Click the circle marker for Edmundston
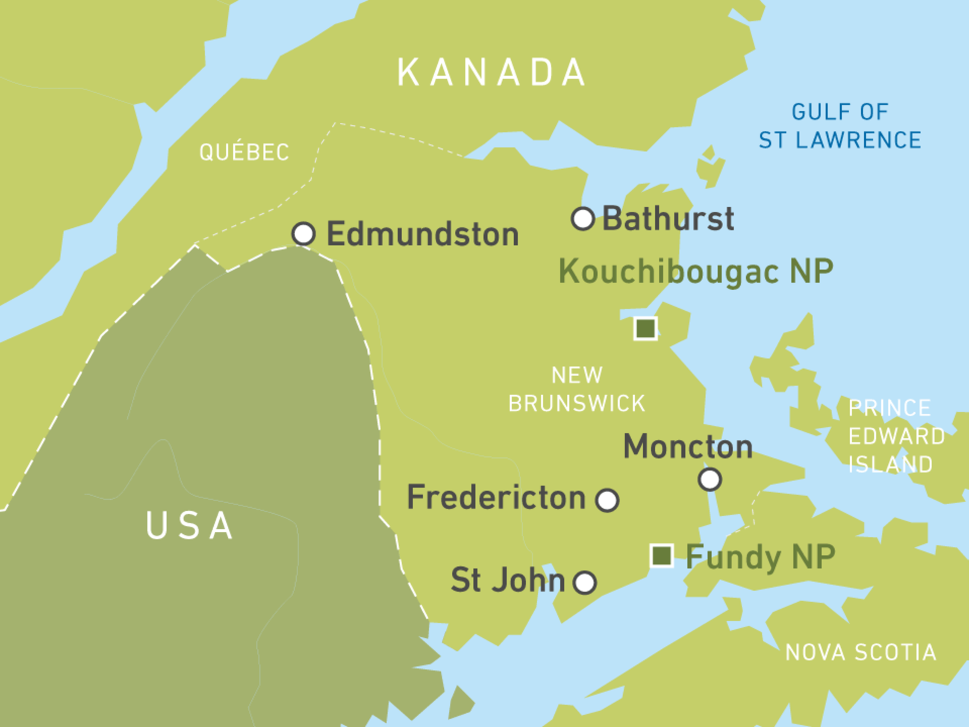(x=303, y=233)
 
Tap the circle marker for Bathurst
(x=583, y=219)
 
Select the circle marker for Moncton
(x=710, y=479)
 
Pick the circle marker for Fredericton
(x=607, y=500)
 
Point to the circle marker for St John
(x=585, y=583)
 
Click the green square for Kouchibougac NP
(x=646, y=328)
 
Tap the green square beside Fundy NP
(x=661, y=555)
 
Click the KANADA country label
(x=491, y=73)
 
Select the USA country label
(x=190, y=525)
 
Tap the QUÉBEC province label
(x=244, y=152)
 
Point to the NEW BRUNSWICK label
(x=577, y=390)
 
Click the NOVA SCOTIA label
(x=861, y=652)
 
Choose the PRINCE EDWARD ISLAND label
(x=895, y=436)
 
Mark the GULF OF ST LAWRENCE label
(x=840, y=126)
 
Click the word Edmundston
(x=423, y=234)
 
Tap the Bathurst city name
(x=668, y=219)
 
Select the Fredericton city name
(x=497, y=497)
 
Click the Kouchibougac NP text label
(x=696, y=271)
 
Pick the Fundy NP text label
(x=760, y=556)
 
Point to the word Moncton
(x=688, y=447)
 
